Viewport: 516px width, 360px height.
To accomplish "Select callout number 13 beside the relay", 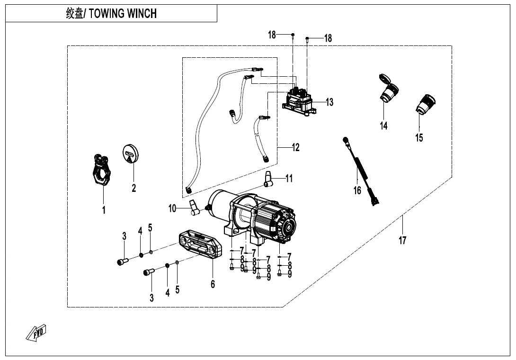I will pyautogui.click(x=329, y=102).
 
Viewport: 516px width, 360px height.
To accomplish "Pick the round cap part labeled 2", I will pyautogui.click(x=131, y=154).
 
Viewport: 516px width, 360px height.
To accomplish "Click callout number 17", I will pyautogui.click(x=402, y=241).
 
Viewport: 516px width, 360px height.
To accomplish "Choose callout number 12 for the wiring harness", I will pyautogui.click(x=295, y=148).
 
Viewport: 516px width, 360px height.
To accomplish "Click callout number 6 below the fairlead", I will pyautogui.click(x=213, y=284).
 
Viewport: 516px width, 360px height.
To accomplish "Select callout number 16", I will pyautogui.click(x=357, y=190).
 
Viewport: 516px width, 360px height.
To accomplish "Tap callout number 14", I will pyautogui.click(x=383, y=126).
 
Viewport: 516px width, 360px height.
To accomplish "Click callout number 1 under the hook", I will pyautogui.click(x=104, y=210).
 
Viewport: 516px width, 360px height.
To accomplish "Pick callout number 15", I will pyautogui.click(x=419, y=138).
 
